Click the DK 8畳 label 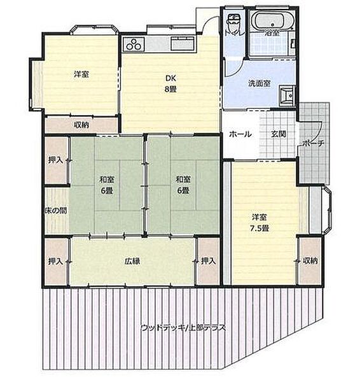170,83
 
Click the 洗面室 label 259,83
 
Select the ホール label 240,134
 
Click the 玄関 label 278,134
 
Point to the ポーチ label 314,144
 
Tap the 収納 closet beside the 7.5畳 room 310,261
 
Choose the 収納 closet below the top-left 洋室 81,125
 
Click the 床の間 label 55,211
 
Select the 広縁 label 132,261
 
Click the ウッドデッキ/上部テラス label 183,328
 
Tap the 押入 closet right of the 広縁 207,261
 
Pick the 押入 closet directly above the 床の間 55,160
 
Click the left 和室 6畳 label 106,185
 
